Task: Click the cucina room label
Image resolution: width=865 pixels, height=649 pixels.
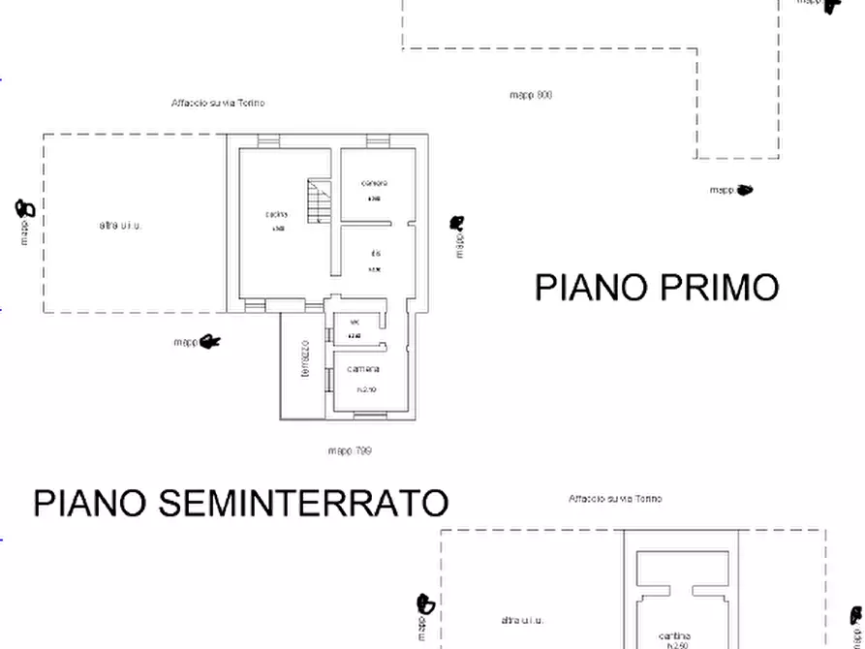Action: click(276, 215)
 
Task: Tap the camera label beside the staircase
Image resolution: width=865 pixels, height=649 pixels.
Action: click(374, 183)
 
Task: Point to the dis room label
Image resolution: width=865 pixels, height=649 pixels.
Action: click(374, 254)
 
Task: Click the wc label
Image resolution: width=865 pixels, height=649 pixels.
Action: click(355, 322)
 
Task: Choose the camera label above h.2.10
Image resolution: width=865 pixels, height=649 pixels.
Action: click(364, 369)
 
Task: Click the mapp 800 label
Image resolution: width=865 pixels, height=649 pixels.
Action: click(531, 95)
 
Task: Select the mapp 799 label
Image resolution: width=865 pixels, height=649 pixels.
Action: click(350, 450)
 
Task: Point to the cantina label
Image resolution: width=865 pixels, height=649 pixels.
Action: click(674, 635)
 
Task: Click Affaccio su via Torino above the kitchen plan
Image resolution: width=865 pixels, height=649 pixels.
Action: click(218, 103)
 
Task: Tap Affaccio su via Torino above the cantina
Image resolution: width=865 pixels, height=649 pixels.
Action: click(615, 499)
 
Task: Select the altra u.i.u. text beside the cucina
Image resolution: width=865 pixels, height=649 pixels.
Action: click(120, 226)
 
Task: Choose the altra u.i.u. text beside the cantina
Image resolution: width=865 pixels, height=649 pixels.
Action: click(522, 620)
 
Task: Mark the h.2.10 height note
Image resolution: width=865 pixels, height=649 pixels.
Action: click(366, 390)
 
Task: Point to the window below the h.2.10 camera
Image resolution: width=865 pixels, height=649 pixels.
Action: click(368, 417)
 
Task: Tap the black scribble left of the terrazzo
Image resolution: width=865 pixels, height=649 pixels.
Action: click(210, 341)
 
